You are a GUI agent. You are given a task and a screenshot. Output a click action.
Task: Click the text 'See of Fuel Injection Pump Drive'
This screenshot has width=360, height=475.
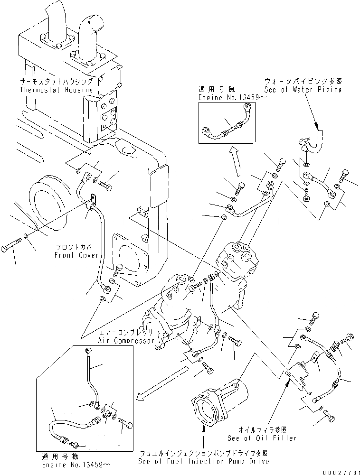tap(203, 461)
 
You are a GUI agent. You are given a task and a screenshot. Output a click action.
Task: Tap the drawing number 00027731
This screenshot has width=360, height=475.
tap(338, 470)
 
